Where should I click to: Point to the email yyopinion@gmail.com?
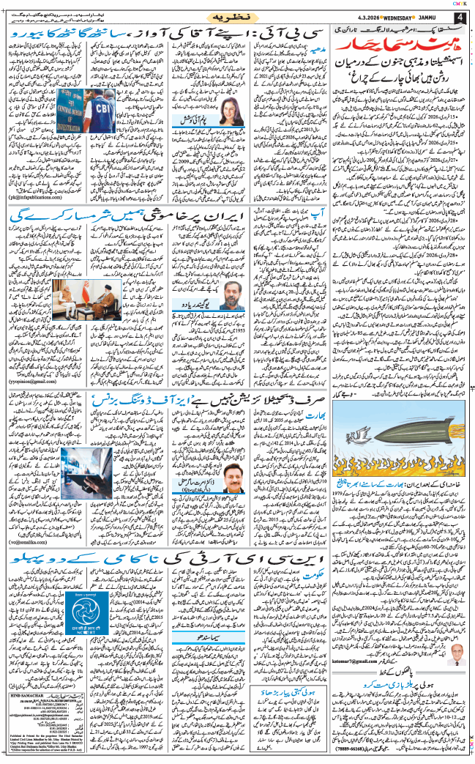pyautogui.click(x=34, y=381)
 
